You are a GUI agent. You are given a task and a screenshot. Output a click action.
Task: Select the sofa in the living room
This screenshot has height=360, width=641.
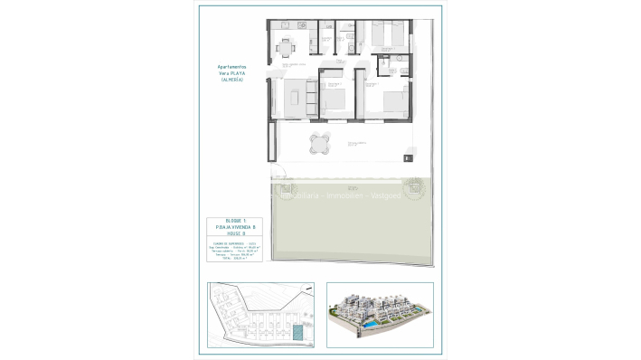(311, 98)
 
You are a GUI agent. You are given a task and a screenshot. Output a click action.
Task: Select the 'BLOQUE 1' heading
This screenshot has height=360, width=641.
(237, 222)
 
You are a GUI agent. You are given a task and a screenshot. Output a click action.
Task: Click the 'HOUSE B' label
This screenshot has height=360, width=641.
(237, 235)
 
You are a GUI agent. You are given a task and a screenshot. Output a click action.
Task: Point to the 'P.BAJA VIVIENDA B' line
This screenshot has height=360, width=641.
(237, 228)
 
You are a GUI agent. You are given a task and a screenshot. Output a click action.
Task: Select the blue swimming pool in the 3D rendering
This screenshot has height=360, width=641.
(372, 323)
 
